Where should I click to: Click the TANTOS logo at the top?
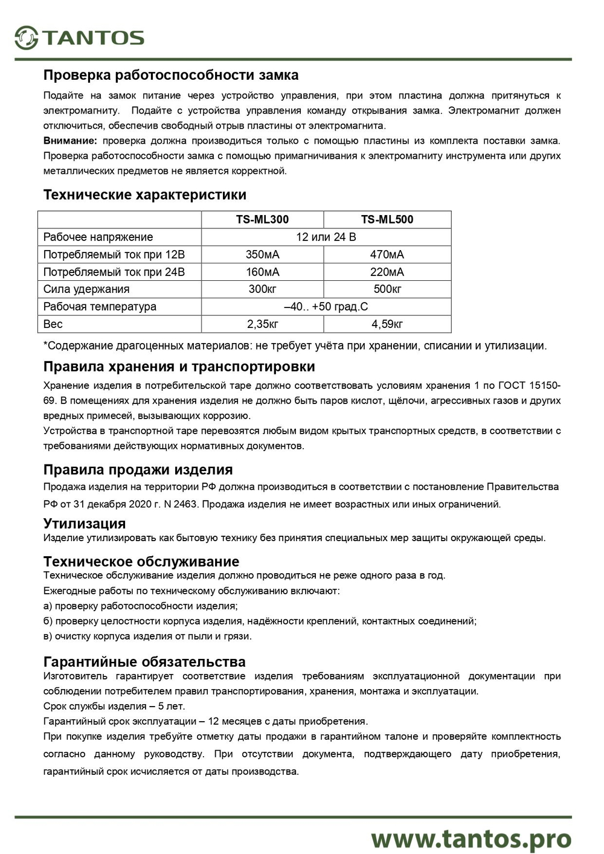(x=80, y=38)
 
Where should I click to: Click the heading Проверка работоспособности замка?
(x=171, y=75)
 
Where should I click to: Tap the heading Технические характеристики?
(x=145, y=195)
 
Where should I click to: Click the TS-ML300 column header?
(x=262, y=220)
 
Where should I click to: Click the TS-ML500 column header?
(x=387, y=220)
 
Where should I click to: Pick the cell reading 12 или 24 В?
(x=326, y=237)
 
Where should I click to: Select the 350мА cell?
(x=262, y=255)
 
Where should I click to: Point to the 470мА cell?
(x=387, y=255)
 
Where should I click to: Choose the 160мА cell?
(x=262, y=272)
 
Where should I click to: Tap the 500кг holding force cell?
(x=387, y=289)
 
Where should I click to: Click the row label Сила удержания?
(x=86, y=289)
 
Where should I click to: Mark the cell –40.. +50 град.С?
(x=326, y=307)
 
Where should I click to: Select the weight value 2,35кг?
(x=262, y=324)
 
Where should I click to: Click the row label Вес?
(x=53, y=324)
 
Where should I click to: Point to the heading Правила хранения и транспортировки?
(x=179, y=367)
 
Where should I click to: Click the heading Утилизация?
(x=85, y=524)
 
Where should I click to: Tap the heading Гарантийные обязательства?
(x=144, y=662)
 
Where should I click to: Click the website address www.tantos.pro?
(x=471, y=839)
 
